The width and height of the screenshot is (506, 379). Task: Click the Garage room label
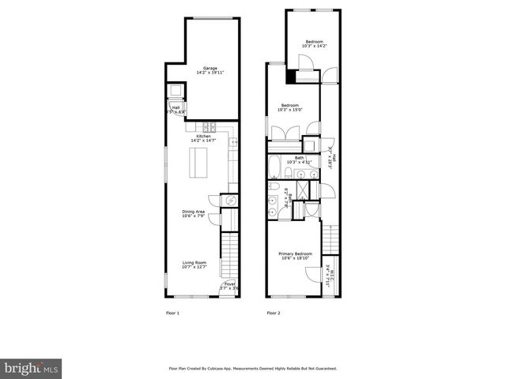pyautogui.click(x=210, y=68)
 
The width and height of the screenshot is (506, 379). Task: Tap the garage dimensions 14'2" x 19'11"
pyautogui.click(x=210, y=73)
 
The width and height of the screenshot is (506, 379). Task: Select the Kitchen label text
pyautogui.click(x=203, y=136)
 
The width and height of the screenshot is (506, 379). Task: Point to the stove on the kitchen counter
pyautogui.click(x=210, y=126)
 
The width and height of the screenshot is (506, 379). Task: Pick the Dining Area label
pyautogui.click(x=194, y=211)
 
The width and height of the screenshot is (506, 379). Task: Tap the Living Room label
pyautogui.click(x=194, y=262)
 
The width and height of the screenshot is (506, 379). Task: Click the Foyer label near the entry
pyautogui.click(x=228, y=283)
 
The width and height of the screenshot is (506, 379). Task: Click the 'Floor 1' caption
pyautogui.click(x=172, y=313)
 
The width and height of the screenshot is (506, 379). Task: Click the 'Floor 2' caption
pyautogui.click(x=274, y=313)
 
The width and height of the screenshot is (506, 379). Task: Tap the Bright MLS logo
pyautogui.click(x=32, y=368)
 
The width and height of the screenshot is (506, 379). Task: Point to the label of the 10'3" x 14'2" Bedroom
pyautogui.click(x=314, y=41)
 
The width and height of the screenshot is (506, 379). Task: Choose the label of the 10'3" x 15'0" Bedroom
pyautogui.click(x=290, y=105)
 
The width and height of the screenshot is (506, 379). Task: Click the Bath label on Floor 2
pyautogui.click(x=300, y=157)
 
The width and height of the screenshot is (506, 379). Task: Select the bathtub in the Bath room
pyautogui.click(x=274, y=167)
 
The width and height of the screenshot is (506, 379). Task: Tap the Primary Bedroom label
pyautogui.click(x=296, y=253)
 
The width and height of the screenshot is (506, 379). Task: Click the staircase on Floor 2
pyautogui.click(x=331, y=237)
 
